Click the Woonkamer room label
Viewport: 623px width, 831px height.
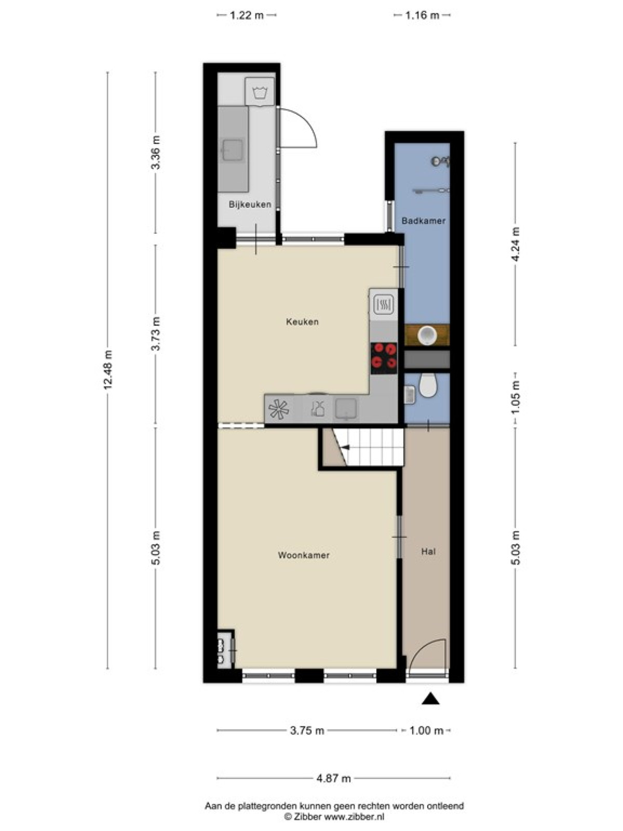tap(304, 555)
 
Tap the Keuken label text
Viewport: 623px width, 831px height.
tap(302, 322)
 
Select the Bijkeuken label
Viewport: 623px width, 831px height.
tap(250, 205)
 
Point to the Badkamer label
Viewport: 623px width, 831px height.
tap(424, 221)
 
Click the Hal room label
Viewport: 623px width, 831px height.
tap(428, 552)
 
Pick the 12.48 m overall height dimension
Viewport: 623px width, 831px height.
tap(108, 370)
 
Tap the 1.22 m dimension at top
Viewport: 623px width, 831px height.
tap(246, 15)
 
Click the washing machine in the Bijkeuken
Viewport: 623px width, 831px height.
tap(260, 91)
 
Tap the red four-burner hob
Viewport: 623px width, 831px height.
tap(384, 358)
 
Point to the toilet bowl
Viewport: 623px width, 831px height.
tap(428, 385)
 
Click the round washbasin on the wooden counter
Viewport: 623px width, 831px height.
tap(427, 335)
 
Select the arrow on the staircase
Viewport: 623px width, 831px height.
tap(345, 448)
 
